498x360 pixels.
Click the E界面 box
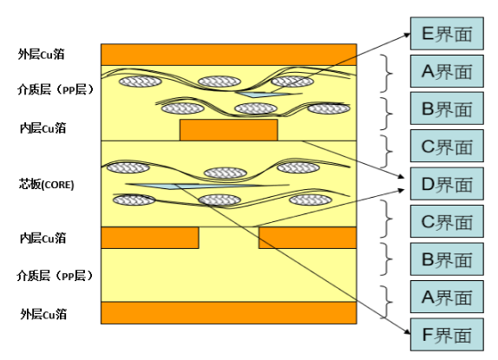447,34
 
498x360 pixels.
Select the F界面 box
447,335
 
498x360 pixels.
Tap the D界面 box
447,184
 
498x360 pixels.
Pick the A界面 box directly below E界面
447,71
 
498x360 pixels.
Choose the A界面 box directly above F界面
447,297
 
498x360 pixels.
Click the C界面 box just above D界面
447,146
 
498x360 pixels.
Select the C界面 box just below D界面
447,221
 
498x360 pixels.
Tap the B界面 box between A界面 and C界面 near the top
447,108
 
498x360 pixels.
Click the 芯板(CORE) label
46,185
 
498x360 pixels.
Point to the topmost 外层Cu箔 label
42,55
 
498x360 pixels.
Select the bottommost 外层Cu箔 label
43,314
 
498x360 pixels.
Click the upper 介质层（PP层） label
56,90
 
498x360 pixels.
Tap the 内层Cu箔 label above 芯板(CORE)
43,128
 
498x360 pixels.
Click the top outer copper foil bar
229,55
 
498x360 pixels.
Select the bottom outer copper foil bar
229,312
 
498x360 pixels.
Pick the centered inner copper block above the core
229,130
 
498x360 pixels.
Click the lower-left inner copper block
150,238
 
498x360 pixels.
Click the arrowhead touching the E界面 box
408,35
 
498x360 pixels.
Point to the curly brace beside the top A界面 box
387,74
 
